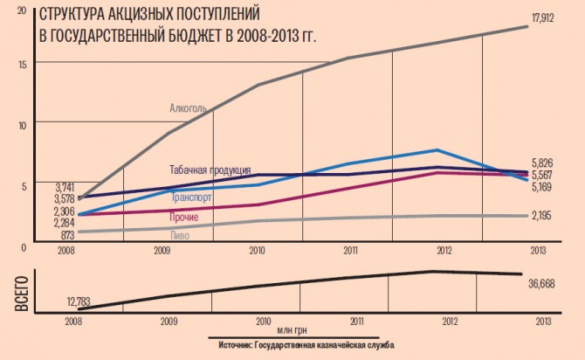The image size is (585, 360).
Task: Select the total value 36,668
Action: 547,284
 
